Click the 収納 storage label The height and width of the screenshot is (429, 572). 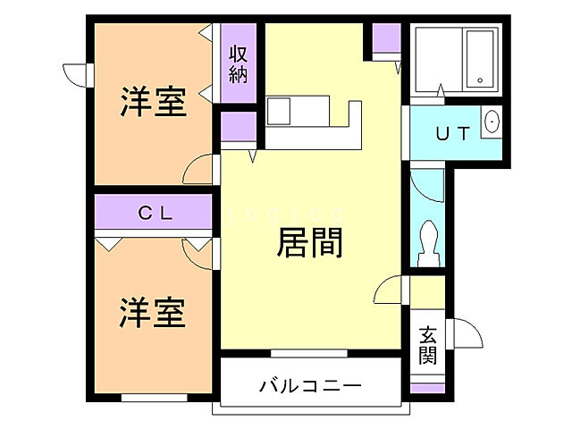(x=237, y=63)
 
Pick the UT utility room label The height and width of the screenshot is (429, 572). (x=451, y=134)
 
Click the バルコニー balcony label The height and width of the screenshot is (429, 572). (x=310, y=386)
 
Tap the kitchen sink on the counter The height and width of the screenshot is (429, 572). (x=278, y=112)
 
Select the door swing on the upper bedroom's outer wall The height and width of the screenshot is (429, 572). (x=74, y=74)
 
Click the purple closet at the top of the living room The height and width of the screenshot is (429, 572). (x=386, y=38)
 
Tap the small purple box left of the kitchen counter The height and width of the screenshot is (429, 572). (x=238, y=127)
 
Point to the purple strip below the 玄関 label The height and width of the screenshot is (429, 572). (x=426, y=388)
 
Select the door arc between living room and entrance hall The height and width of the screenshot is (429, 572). (x=388, y=291)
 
